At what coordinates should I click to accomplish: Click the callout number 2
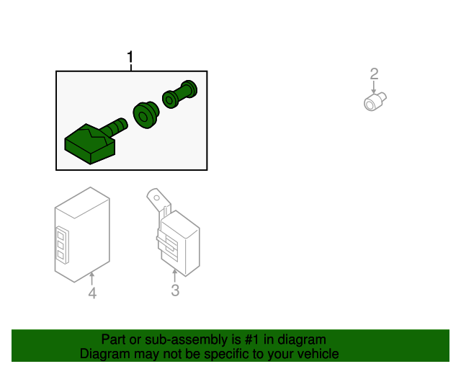coord(374,74)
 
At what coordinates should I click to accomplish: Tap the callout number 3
coord(175,290)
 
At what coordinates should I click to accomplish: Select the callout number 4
coord(92,293)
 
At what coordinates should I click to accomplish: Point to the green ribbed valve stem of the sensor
coord(115,127)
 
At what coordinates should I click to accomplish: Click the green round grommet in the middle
coord(146,115)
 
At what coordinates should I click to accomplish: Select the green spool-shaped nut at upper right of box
coord(179,94)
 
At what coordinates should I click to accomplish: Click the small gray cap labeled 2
coord(375,102)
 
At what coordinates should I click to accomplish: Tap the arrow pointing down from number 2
coord(374,87)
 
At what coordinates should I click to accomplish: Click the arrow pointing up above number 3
coord(175,276)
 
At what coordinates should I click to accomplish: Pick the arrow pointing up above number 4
coord(92,279)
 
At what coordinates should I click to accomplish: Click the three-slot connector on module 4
coord(62,245)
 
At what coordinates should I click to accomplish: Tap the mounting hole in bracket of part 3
coord(157,197)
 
